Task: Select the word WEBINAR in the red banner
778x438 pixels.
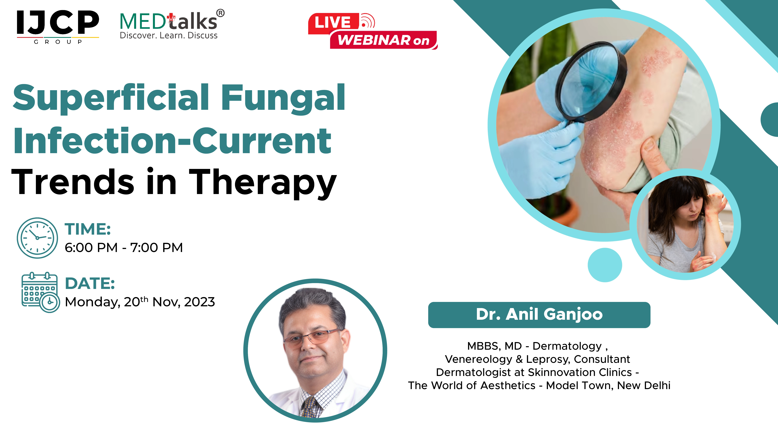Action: pos(373,40)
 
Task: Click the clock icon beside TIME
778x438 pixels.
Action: pos(37,238)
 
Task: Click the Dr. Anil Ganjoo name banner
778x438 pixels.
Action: pos(539,315)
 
